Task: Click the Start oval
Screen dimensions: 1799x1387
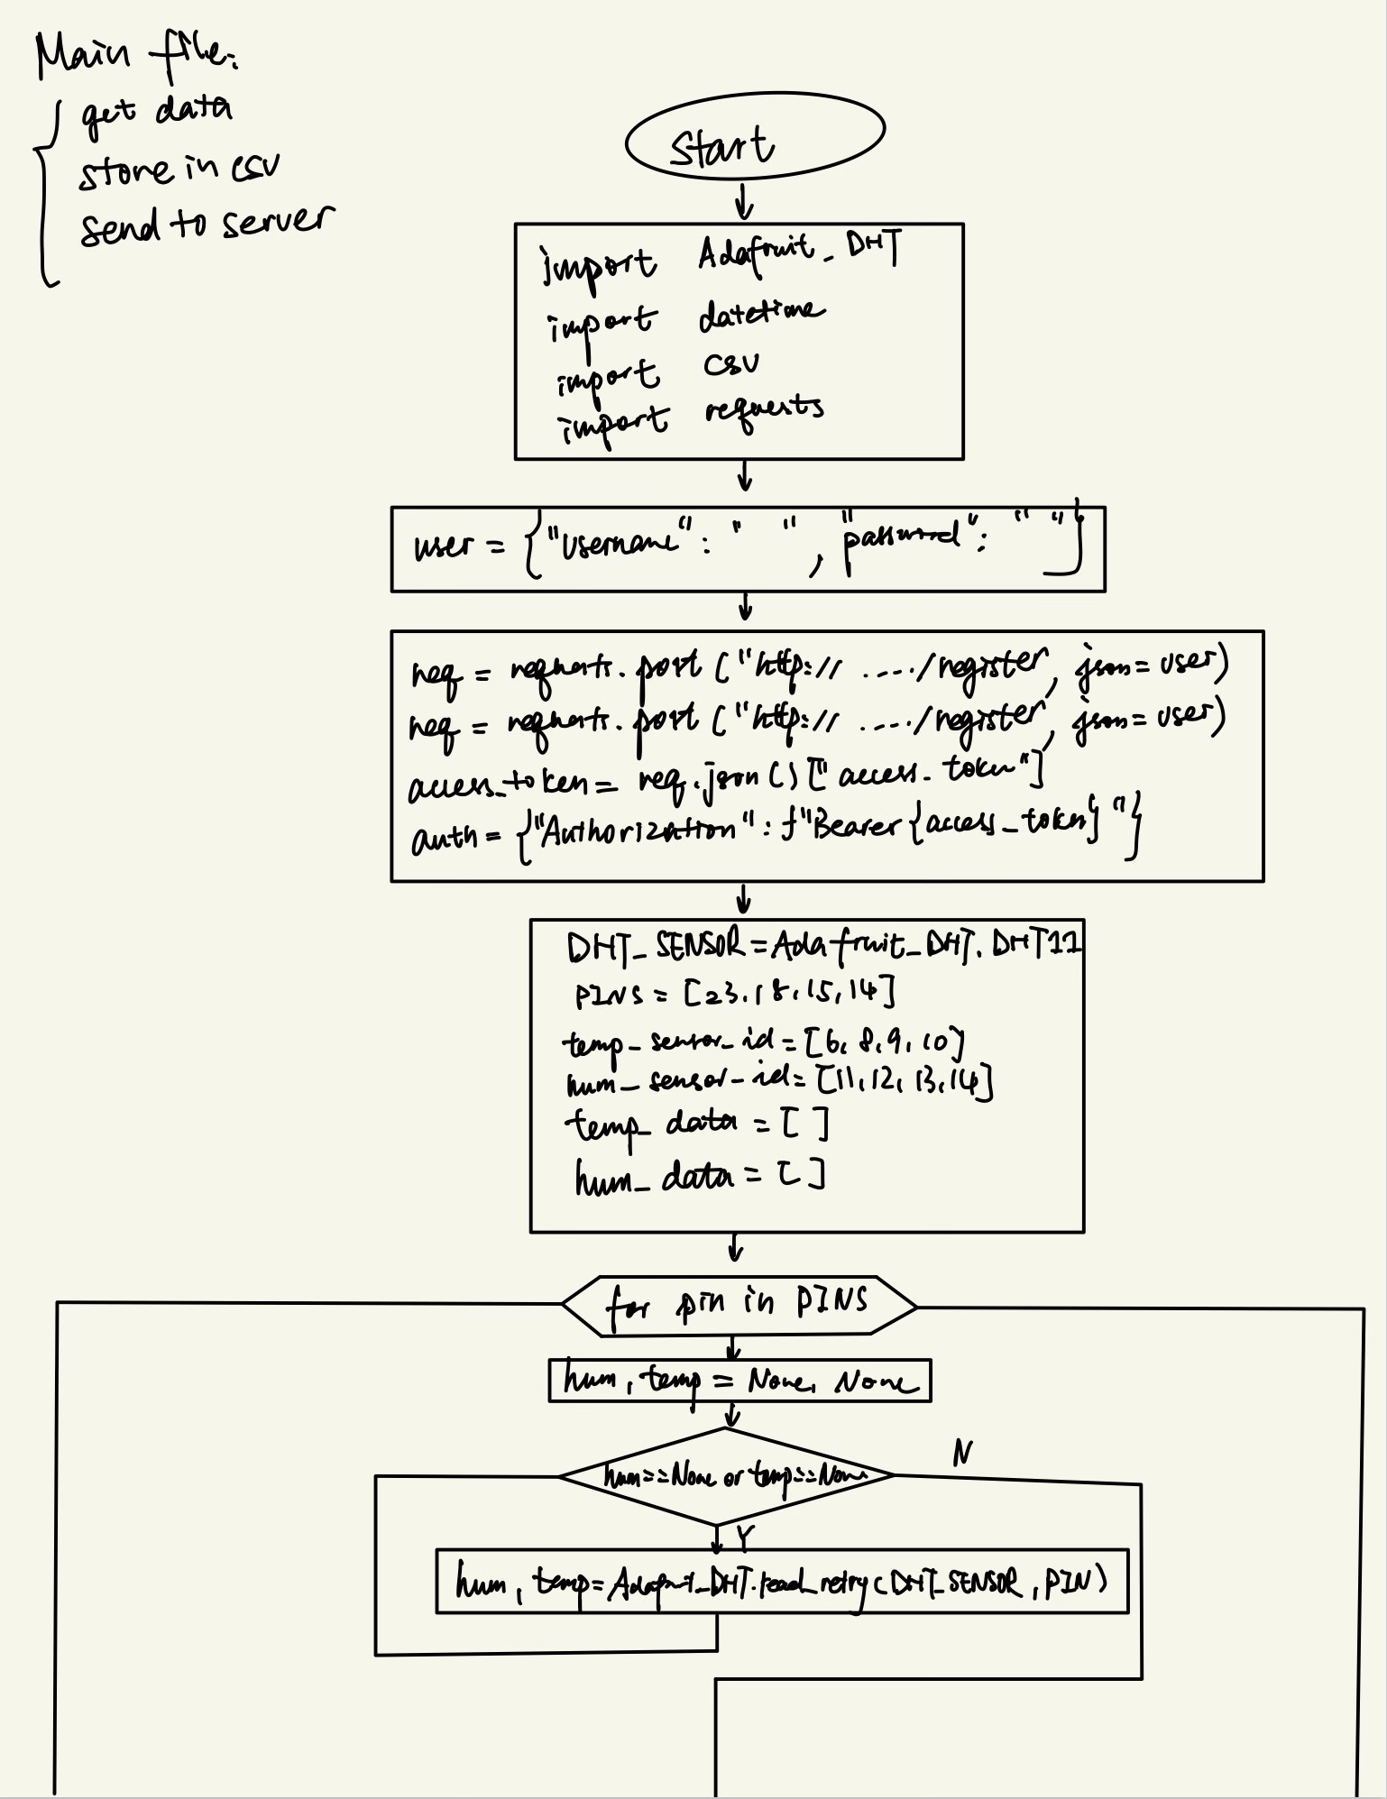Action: pos(754,136)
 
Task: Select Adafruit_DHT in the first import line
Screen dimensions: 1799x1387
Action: pos(797,252)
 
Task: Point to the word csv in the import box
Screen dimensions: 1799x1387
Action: pos(731,364)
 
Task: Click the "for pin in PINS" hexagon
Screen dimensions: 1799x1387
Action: pos(738,1305)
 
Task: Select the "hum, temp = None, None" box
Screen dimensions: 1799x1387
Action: pos(739,1381)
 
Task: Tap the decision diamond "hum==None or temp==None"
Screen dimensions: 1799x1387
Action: pos(726,1476)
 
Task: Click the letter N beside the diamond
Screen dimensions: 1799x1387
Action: pos(962,1453)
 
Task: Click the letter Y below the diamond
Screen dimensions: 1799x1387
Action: pos(744,1534)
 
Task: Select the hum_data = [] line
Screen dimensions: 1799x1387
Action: pos(699,1177)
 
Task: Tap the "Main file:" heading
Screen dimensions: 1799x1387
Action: pos(135,56)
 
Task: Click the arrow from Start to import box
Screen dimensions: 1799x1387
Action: pos(743,202)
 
